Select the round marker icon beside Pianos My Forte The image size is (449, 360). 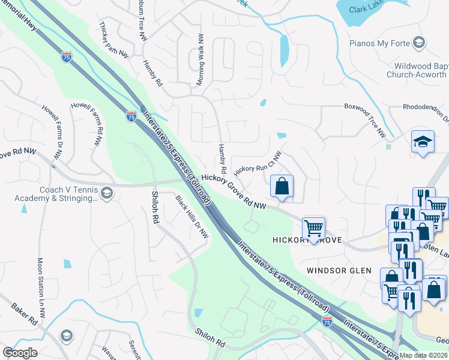(419, 42)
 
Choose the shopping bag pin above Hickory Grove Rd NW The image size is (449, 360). (282, 187)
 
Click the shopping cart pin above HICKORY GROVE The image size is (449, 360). (313, 228)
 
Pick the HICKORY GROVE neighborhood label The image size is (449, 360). (307, 240)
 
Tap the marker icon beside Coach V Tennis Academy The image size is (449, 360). (107, 193)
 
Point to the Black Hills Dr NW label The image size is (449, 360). (192, 216)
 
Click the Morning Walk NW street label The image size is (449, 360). (200, 59)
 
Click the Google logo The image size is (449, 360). (20, 353)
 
